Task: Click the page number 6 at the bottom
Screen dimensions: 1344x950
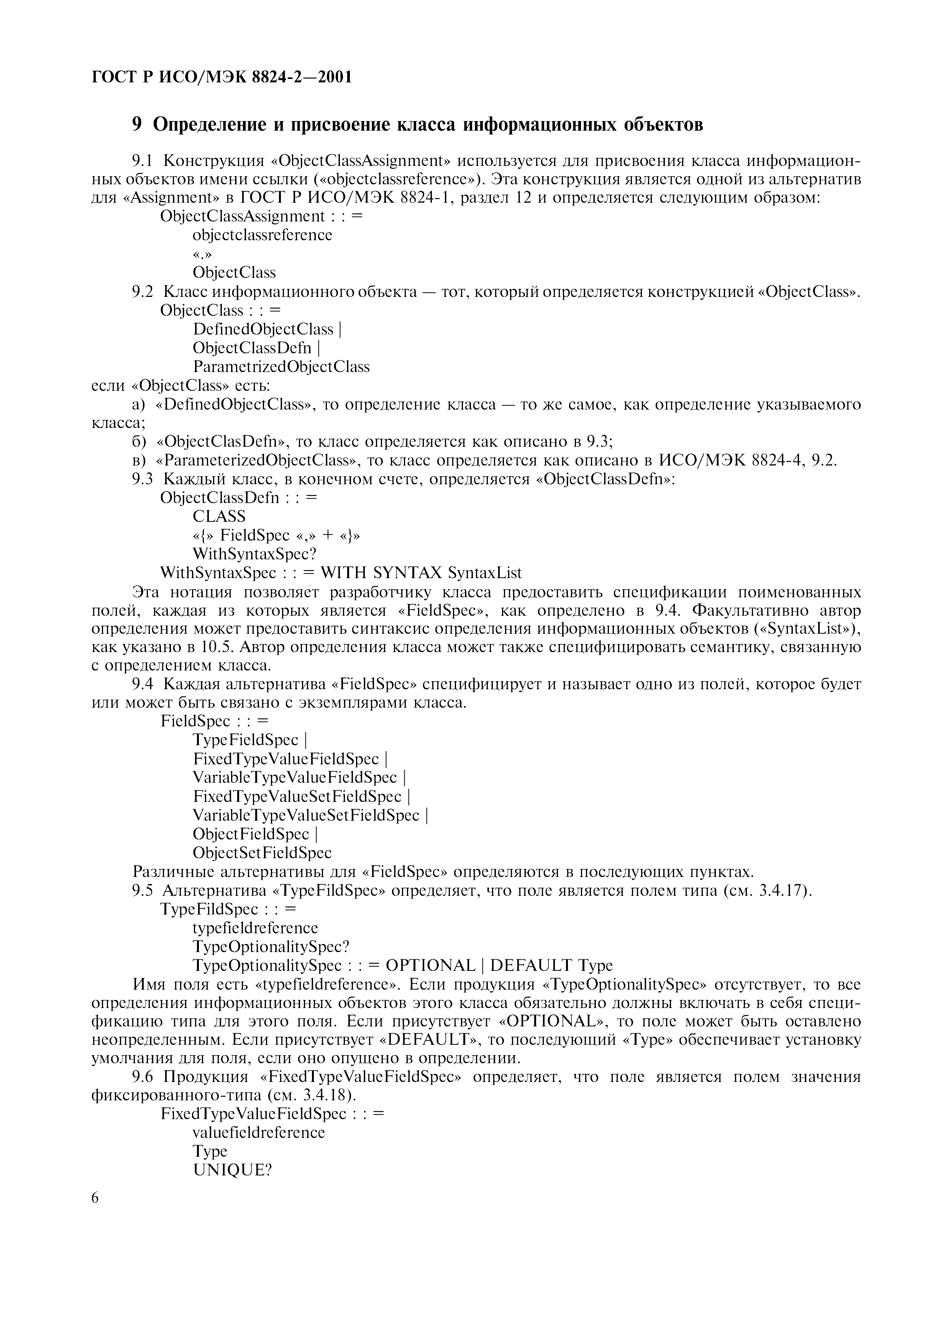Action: (96, 1198)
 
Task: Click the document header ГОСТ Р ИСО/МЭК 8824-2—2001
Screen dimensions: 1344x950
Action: (222, 77)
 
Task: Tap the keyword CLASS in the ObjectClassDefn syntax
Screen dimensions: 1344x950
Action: (219, 516)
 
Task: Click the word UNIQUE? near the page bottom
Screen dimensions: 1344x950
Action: (232, 1170)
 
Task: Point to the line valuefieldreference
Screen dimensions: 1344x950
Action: (258, 1132)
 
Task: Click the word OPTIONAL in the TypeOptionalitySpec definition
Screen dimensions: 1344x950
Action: (430, 965)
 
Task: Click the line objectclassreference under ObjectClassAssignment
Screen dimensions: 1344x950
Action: (262, 235)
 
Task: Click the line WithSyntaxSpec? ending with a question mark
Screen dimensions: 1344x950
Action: (254, 554)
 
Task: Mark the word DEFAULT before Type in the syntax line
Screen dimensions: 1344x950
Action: (531, 965)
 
